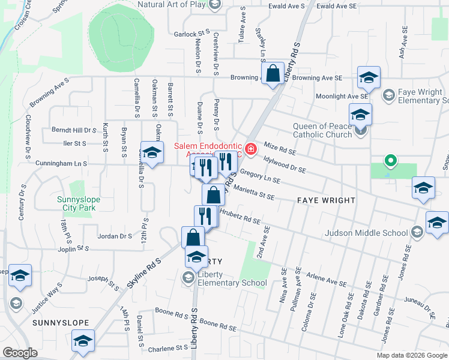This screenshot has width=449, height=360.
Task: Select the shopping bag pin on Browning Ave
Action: (x=273, y=74)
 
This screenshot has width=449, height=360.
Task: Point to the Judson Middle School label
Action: (x=366, y=233)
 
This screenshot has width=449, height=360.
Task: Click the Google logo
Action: (x=20, y=353)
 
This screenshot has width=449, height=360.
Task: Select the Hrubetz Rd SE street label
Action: (x=240, y=217)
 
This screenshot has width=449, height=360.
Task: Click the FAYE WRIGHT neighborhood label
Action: (x=326, y=200)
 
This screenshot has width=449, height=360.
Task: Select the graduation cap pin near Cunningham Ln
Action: (x=152, y=153)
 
